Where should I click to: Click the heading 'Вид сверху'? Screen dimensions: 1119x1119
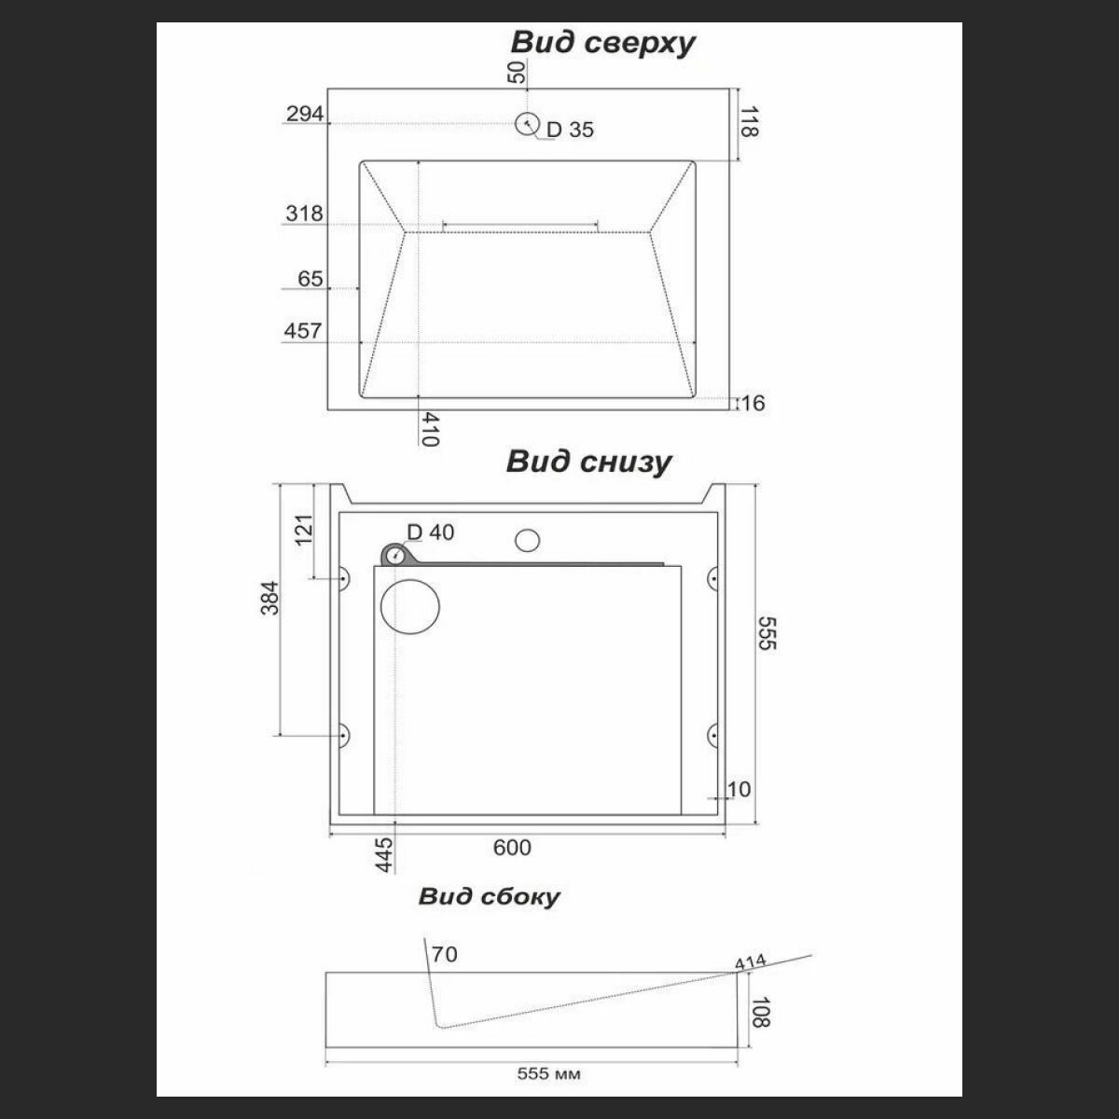click(602, 43)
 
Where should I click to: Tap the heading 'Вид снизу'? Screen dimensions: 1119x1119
click(588, 462)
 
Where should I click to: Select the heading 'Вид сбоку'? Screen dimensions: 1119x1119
click(490, 897)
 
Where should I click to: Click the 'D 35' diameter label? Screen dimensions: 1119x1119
click(570, 131)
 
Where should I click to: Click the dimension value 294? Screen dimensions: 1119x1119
click(305, 114)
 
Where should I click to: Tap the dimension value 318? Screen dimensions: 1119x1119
click(305, 214)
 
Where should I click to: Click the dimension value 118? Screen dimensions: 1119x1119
click(748, 121)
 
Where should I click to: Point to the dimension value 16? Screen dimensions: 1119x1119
click(753, 403)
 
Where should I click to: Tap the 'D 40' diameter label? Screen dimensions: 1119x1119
click(430, 532)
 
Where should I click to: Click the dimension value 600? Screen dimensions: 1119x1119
click(512, 847)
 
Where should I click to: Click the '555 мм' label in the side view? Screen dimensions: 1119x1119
click(548, 1074)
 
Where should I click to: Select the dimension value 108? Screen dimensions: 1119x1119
click(761, 1012)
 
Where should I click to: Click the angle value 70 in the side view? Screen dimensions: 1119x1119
click(446, 955)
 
